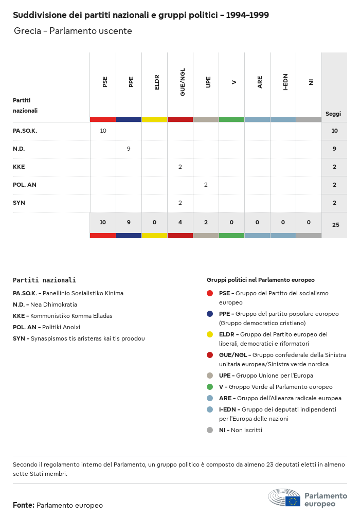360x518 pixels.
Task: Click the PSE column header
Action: click(x=105, y=82)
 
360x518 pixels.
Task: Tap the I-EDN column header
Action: click(x=285, y=82)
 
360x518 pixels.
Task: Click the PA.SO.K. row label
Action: click(x=25, y=131)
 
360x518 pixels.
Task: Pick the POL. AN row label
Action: click(x=25, y=185)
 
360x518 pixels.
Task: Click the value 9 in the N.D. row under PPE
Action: click(x=129, y=149)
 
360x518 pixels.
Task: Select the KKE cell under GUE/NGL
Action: click(x=180, y=167)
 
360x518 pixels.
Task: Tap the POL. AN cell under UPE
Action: click(x=206, y=185)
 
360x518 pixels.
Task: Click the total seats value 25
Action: click(x=335, y=225)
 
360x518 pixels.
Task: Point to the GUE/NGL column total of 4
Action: click(x=180, y=222)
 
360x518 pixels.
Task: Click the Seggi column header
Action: click(x=333, y=114)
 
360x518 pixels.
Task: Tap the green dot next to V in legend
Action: click(x=210, y=387)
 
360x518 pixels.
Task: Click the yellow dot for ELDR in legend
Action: click(x=210, y=334)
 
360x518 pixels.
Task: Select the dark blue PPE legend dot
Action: click(x=210, y=314)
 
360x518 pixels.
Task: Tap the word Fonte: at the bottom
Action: click(x=24, y=505)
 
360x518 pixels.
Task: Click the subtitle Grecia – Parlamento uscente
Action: click(x=73, y=31)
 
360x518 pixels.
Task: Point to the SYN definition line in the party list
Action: click(x=79, y=338)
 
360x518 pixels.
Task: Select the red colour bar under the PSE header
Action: click(x=103, y=119)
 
